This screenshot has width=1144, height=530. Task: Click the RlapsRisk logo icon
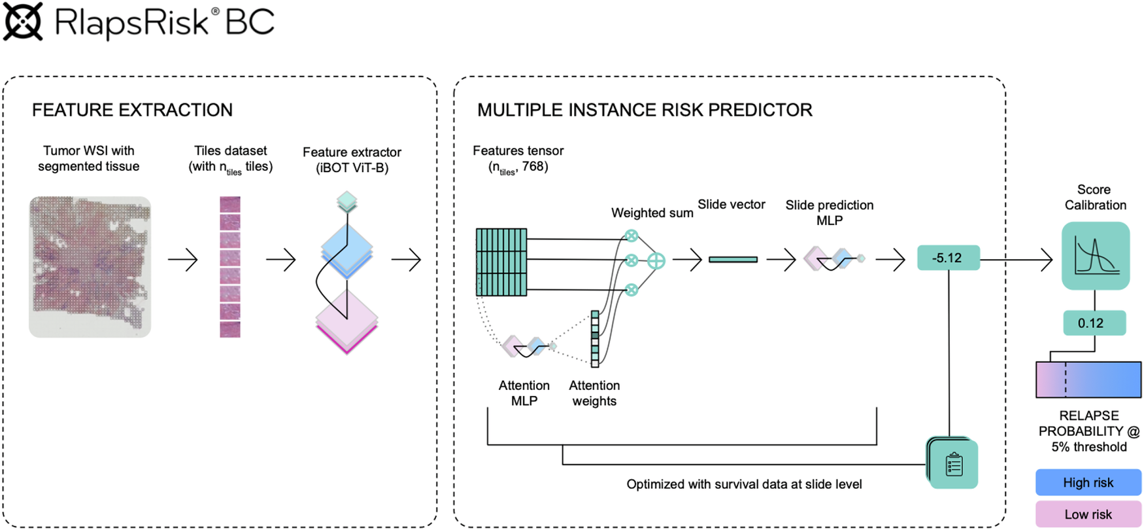[x=23, y=22]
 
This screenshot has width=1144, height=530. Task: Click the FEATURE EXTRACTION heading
[x=132, y=110]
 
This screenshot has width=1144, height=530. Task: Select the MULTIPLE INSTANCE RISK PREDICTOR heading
[x=644, y=110]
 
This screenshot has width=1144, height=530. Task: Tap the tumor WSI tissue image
[x=90, y=267]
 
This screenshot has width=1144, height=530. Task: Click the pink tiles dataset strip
[x=230, y=267]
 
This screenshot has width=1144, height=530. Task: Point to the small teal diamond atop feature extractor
[x=347, y=200]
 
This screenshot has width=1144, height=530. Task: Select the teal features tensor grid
[x=501, y=262]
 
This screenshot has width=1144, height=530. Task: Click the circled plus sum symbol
[x=656, y=260]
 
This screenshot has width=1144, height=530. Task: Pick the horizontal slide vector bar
[x=733, y=260]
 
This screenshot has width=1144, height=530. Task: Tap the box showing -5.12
[x=948, y=258]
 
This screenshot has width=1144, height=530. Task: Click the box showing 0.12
[x=1094, y=323]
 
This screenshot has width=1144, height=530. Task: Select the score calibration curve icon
[x=1096, y=256]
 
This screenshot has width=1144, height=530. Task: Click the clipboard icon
[x=954, y=465]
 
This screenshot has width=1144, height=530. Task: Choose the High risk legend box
[x=1088, y=482]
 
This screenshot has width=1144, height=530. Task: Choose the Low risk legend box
[x=1088, y=514]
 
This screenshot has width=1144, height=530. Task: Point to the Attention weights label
[x=594, y=393]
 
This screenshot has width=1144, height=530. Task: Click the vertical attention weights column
[x=595, y=339]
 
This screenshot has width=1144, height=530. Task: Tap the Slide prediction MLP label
[x=829, y=213]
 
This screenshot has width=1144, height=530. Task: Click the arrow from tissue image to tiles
[x=183, y=260]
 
